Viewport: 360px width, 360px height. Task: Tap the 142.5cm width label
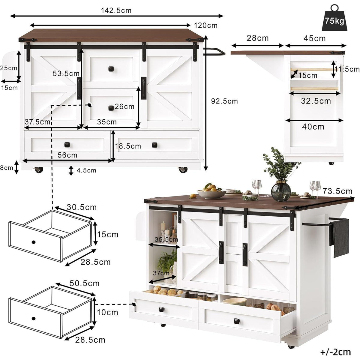116,10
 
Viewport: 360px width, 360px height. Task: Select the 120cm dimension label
206,25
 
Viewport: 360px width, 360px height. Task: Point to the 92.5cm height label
224,101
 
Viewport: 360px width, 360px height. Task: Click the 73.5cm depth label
337,191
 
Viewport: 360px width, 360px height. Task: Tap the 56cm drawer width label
67,155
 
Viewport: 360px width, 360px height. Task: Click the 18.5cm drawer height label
128,146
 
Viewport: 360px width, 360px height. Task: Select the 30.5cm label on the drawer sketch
82,207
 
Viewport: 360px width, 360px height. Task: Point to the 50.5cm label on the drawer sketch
84,283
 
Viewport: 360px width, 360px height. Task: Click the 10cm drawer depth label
107,312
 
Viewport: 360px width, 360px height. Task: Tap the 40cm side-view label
313,127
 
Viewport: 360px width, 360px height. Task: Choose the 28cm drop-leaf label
258,38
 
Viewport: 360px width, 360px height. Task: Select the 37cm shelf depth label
161,273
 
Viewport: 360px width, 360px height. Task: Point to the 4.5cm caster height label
86,170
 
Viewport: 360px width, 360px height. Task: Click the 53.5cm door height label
66,73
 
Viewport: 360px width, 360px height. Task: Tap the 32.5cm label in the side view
316,101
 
